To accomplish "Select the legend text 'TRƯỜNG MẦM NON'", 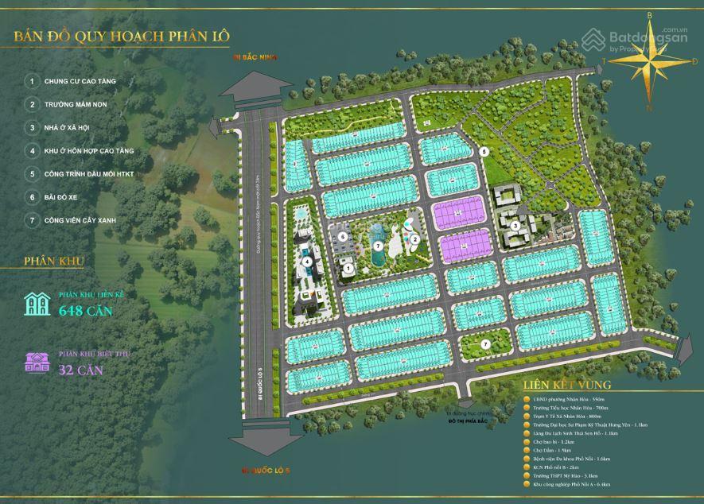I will click(x=76, y=104).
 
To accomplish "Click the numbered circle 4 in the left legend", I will click(x=33, y=150).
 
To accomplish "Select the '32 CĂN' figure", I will click(x=81, y=369).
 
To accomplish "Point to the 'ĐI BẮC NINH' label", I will click(x=252, y=57).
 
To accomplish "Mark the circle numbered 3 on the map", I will click(x=516, y=226).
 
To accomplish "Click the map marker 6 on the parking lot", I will click(x=342, y=237).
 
